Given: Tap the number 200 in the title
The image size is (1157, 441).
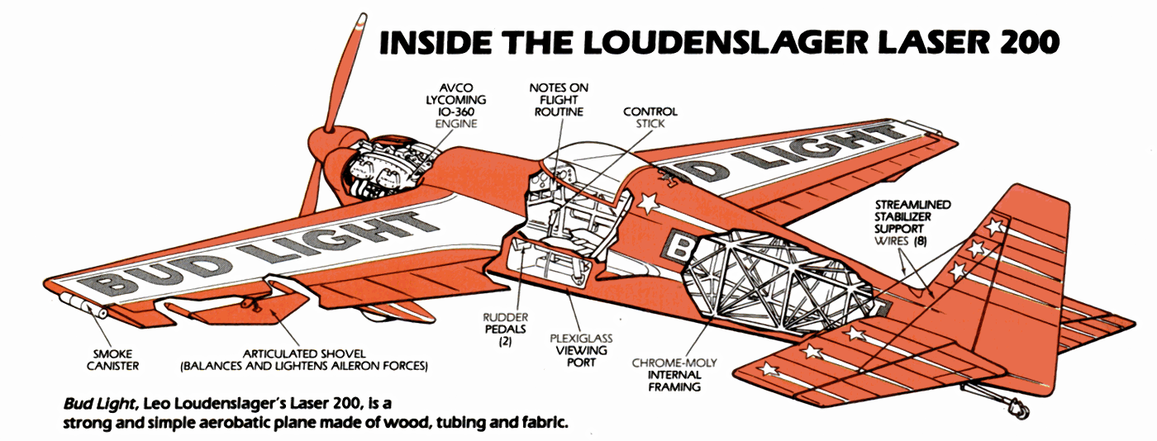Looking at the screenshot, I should [1027, 43].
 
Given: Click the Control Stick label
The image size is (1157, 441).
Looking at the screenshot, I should [650, 117].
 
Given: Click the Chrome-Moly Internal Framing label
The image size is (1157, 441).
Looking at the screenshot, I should [674, 374].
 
